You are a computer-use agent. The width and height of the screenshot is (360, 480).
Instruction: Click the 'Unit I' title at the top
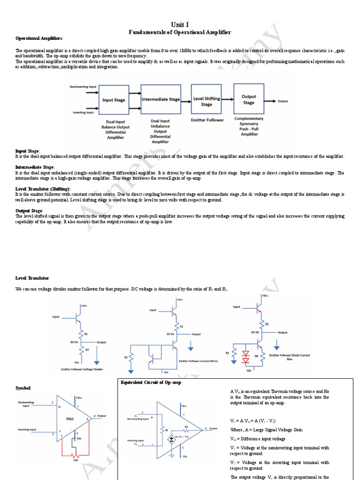pos(180,24)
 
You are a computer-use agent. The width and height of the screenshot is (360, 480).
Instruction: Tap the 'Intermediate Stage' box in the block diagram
pos(160,99)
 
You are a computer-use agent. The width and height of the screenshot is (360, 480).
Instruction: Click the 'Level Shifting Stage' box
pos(206,102)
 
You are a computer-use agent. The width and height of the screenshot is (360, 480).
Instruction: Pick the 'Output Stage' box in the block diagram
pos(248,99)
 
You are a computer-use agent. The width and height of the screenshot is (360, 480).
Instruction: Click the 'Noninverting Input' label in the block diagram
pos(83,87)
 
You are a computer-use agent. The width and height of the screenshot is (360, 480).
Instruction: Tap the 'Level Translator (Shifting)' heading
pos(43,188)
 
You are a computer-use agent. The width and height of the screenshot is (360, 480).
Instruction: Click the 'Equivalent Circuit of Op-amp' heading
pos(150,382)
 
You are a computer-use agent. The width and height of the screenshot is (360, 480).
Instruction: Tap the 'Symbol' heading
pos(23,389)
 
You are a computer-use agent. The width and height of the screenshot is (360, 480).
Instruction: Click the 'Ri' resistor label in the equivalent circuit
pos(161,428)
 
